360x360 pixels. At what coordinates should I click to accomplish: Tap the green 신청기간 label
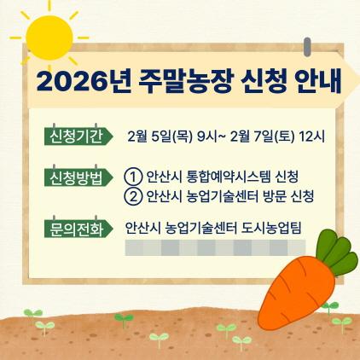(x=77, y=136)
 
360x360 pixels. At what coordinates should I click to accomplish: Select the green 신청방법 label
(x=77, y=177)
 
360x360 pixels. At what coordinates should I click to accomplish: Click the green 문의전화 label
(x=77, y=228)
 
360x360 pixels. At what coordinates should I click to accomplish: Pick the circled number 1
(x=132, y=177)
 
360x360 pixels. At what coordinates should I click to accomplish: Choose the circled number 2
(x=132, y=196)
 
